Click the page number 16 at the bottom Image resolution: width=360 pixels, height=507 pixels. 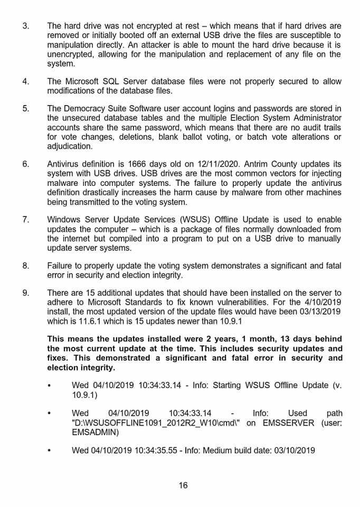[183, 485]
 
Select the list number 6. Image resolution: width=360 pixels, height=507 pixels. [25, 164]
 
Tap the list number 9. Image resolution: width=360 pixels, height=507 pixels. [25, 293]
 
